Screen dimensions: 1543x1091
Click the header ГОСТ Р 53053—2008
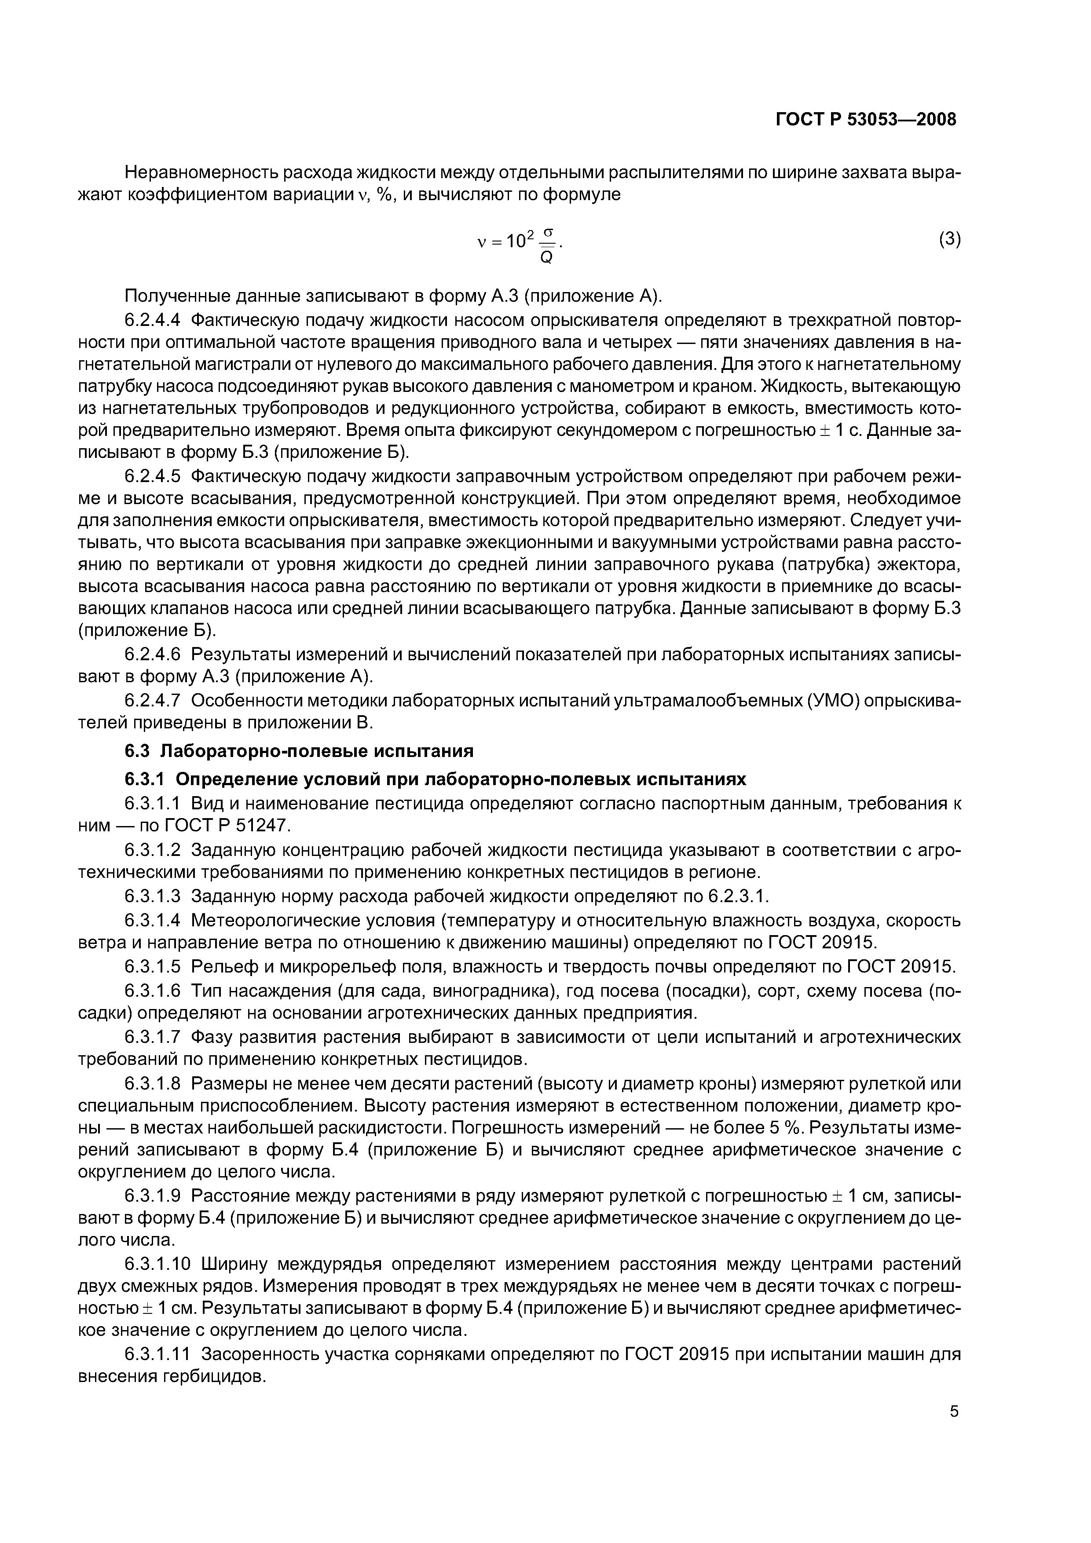(x=866, y=120)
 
